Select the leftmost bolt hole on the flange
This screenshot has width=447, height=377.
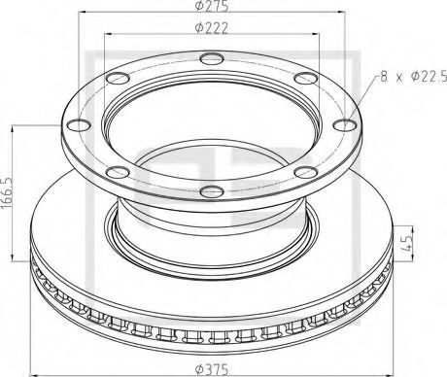pos(74,123)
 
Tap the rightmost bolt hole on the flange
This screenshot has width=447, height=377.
pos(348,122)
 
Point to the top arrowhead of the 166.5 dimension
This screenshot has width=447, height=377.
pos(15,126)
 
